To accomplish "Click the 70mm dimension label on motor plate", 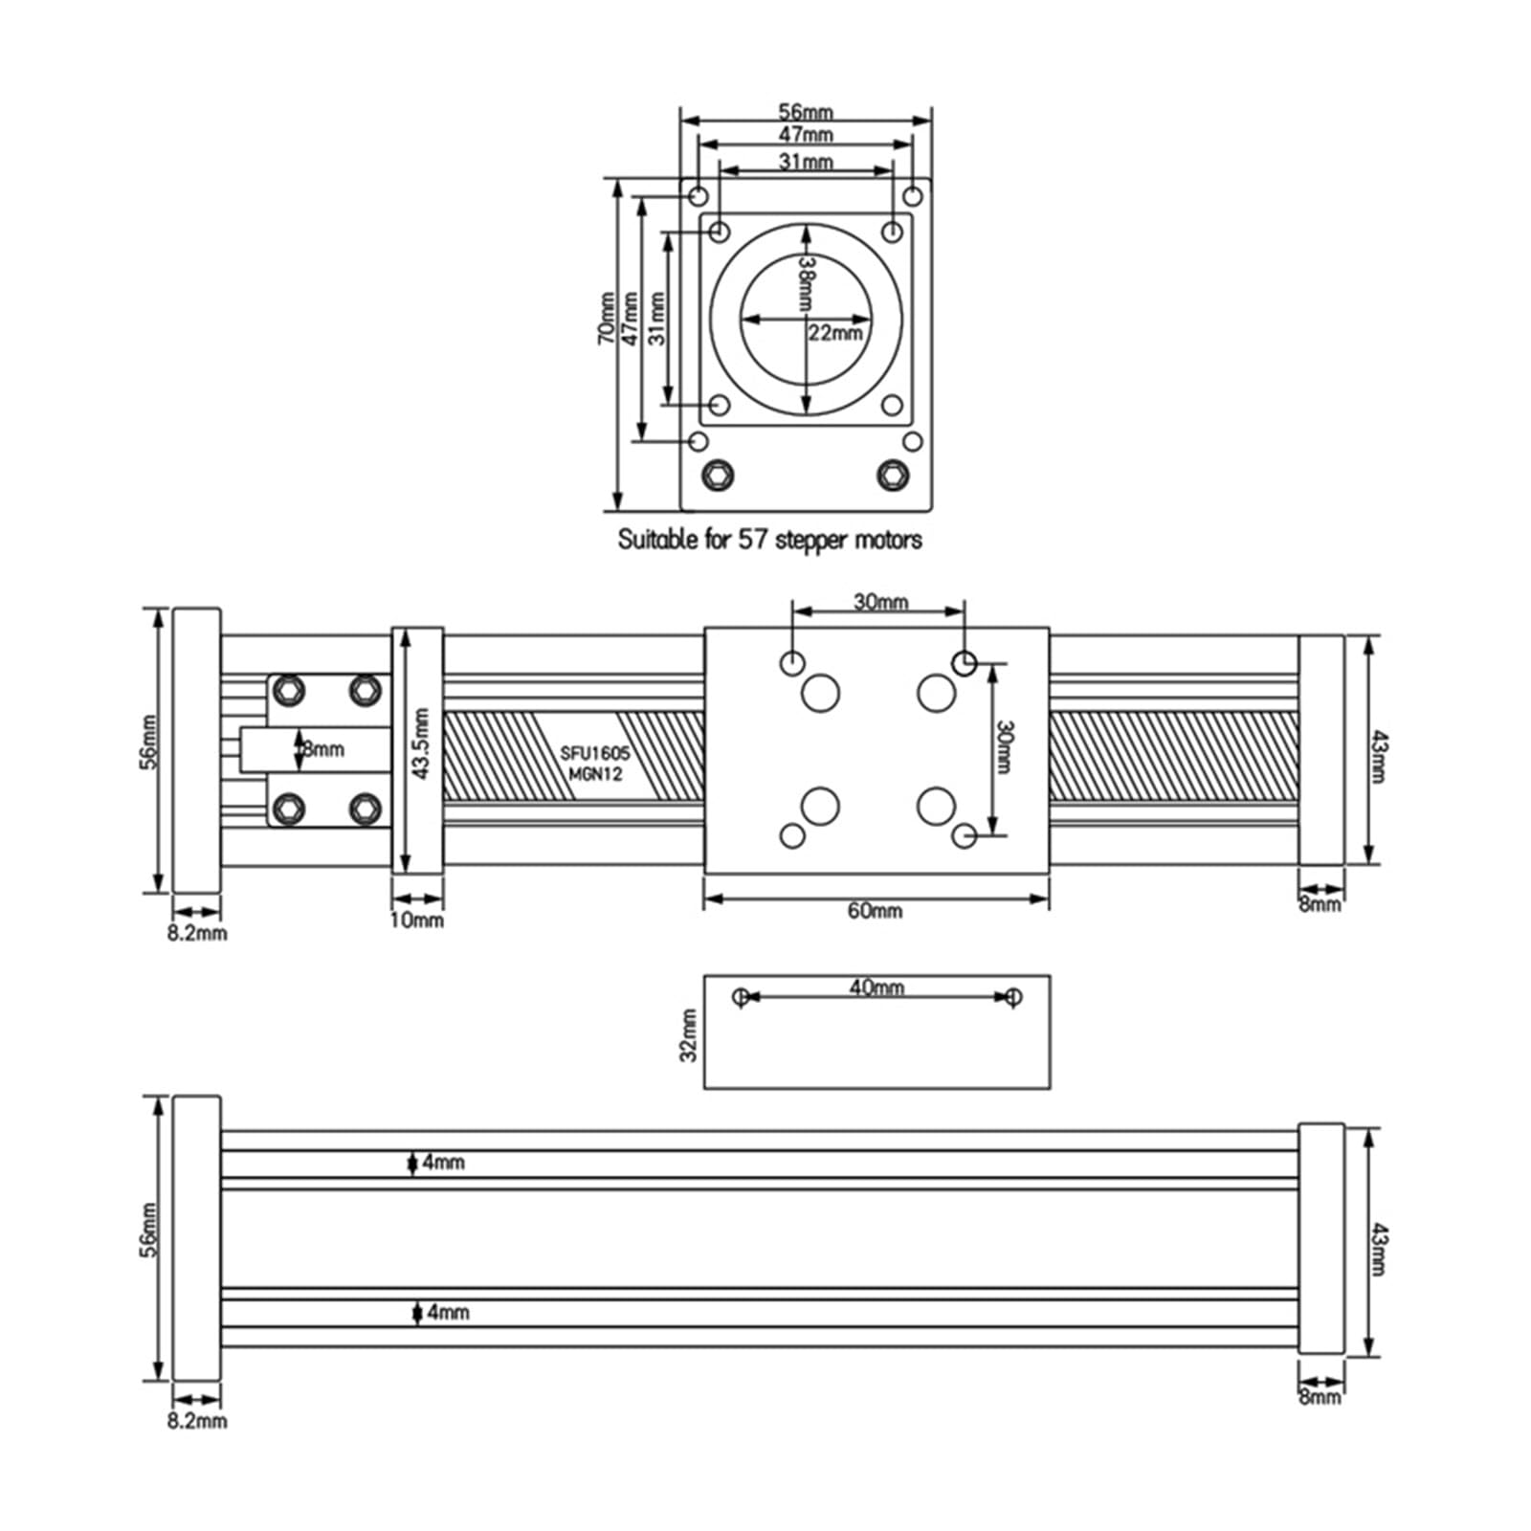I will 607,318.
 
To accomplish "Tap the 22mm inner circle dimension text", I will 834,333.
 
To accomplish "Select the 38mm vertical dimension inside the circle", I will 806,283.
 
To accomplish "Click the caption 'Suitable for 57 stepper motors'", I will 769,540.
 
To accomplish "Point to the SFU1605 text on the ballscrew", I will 594,754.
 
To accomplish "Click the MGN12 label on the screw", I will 594,774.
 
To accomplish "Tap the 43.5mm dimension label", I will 422,743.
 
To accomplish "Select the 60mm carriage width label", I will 874,911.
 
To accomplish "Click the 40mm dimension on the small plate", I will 876,987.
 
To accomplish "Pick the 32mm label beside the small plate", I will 688,1035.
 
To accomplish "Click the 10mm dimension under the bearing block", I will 417,921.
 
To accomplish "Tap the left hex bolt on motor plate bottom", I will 717,474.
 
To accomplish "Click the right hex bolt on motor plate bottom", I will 893,474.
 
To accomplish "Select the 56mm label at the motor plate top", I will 805,112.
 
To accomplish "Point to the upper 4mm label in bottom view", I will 443,1162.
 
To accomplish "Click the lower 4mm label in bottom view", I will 447,1312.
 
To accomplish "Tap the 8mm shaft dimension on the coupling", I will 322,749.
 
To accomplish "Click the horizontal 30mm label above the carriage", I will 880,602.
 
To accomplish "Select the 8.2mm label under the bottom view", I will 197,1421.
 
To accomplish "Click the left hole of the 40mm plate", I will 740,997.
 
